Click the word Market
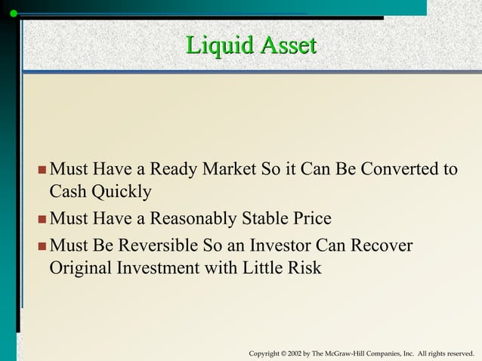pyautogui.click(x=224, y=168)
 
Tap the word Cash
pyautogui.click(x=67, y=192)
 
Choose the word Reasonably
pyautogui.click(x=192, y=219)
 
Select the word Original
pyautogui.click(x=79, y=268)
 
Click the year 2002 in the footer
pyautogui.click(x=296, y=353)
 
